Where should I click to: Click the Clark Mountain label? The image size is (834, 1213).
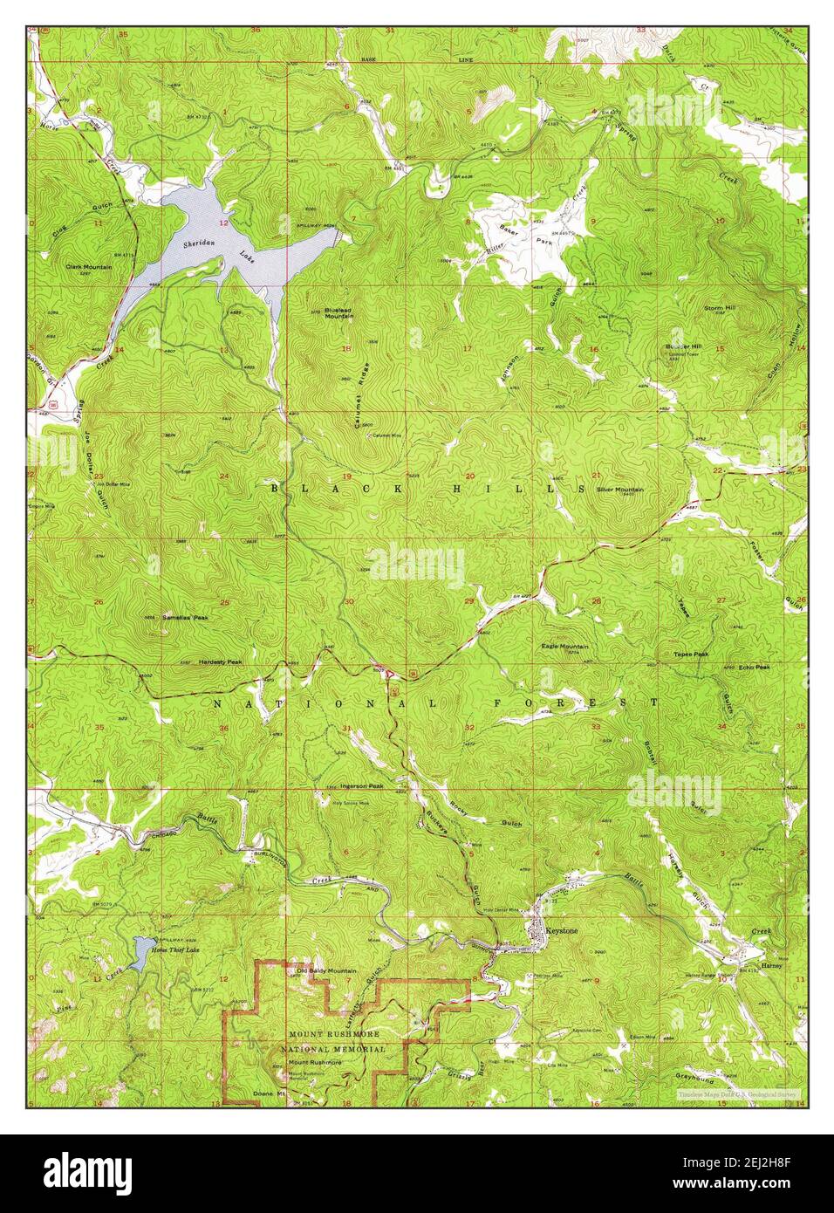pos(88,266)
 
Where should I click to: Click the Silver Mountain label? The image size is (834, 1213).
pos(620,490)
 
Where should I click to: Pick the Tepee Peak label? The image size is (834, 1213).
pos(690,654)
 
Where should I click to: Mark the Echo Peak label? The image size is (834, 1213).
pos(754,668)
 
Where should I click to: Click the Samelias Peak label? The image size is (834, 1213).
pos(185,617)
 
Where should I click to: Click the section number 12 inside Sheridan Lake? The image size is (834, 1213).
pos(224,223)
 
